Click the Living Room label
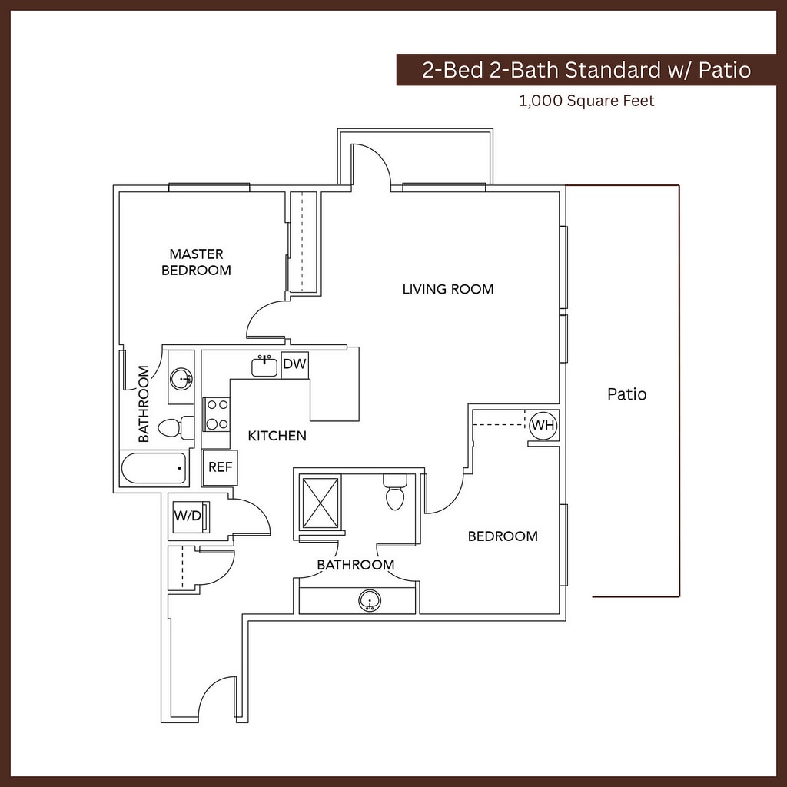[447, 289]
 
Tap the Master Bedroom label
[196, 261]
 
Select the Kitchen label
[277, 436]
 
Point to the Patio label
[626, 394]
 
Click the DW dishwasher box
[294, 364]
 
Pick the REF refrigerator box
[220, 467]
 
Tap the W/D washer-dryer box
[188, 516]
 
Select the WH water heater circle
[543, 425]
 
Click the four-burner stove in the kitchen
[216, 413]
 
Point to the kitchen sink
[264, 366]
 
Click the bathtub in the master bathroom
[154, 468]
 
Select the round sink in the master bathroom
[181, 378]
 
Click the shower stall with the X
[320, 503]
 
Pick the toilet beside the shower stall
[395, 493]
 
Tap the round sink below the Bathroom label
[370, 601]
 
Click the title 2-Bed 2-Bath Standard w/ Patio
[586, 70]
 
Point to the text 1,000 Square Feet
[586, 100]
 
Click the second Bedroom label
[503, 536]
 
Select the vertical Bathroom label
[144, 403]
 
